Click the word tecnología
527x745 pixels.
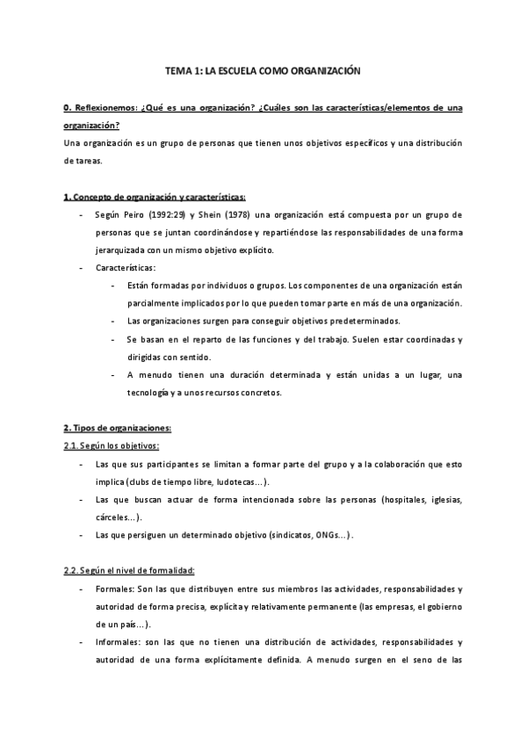point(151,393)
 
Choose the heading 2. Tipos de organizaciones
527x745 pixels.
point(118,428)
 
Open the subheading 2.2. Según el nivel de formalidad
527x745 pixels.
point(128,571)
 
